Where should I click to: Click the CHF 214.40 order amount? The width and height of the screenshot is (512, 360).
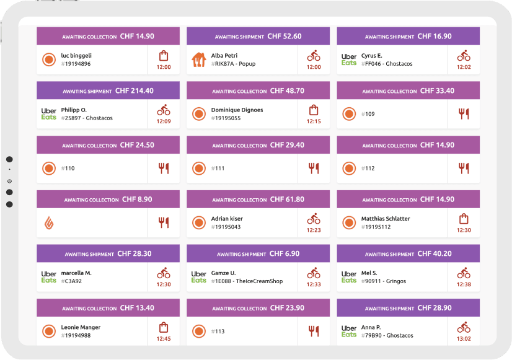134,90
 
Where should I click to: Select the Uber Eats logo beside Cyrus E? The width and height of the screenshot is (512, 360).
349,59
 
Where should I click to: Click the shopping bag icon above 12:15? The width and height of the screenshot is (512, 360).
314,110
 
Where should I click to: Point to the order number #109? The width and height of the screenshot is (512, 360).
370,114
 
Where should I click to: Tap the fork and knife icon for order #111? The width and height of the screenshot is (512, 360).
314,168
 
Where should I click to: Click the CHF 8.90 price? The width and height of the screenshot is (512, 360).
137,200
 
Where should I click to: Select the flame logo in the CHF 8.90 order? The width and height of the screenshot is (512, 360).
49,222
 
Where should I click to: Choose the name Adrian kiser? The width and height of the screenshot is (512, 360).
227,219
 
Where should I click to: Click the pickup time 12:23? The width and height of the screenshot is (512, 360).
314,230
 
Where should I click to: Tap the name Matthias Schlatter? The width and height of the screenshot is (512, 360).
386,219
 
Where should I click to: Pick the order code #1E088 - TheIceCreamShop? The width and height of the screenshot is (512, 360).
247,281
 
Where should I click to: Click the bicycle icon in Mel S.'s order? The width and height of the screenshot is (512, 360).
464,273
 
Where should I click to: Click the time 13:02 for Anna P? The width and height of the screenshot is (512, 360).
464,338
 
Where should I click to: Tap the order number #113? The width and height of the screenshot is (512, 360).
219,331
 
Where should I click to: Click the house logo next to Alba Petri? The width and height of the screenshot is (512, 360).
199,59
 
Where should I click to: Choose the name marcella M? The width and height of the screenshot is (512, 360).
76,273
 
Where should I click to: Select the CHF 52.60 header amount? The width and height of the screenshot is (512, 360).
285,36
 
